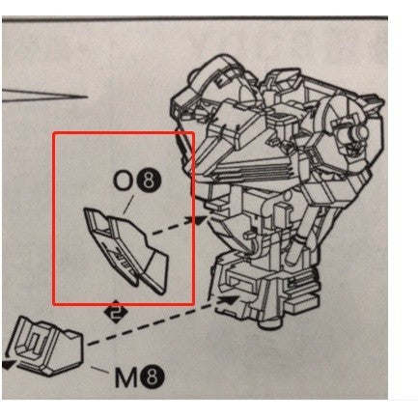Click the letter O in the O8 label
click(x=123, y=182)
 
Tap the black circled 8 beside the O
click(x=148, y=182)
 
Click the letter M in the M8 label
click(x=126, y=378)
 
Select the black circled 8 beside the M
click(x=153, y=377)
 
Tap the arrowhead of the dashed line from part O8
click(x=199, y=219)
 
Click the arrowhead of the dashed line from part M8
click(x=228, y=300)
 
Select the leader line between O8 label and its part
click(x=128, y=206)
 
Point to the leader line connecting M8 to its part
click(x=99, y=370)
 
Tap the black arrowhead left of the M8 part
click(x=9, y=365)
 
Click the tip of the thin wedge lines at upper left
click(x=88, y=97)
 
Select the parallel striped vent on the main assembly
click(x=258, y=172)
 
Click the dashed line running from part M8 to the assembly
click(x=153, y=322)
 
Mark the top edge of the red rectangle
click(x=124, y=132)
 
